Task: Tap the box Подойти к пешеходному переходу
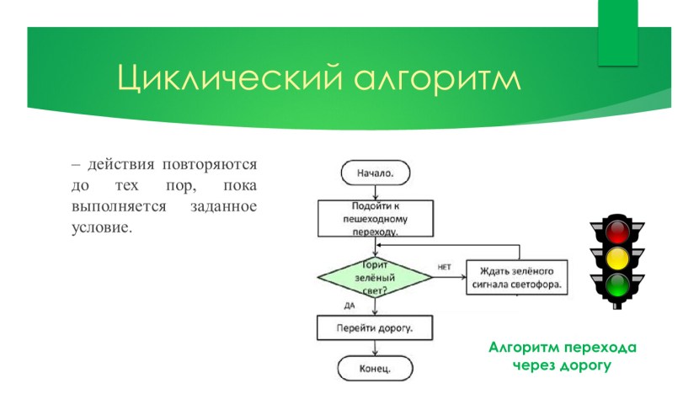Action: [x=375, y=217]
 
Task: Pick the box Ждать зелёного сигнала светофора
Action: [x=515, y=276]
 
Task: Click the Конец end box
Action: [x=376, y=368]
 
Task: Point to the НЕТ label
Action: [x=445, y=267]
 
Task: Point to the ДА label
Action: [x=349, y=305]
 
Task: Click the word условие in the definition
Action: [x=102, y=227]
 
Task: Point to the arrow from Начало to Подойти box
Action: [x=376, y=192]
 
